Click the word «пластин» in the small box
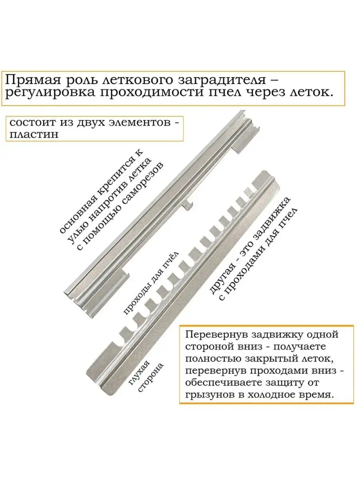(34, 134)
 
